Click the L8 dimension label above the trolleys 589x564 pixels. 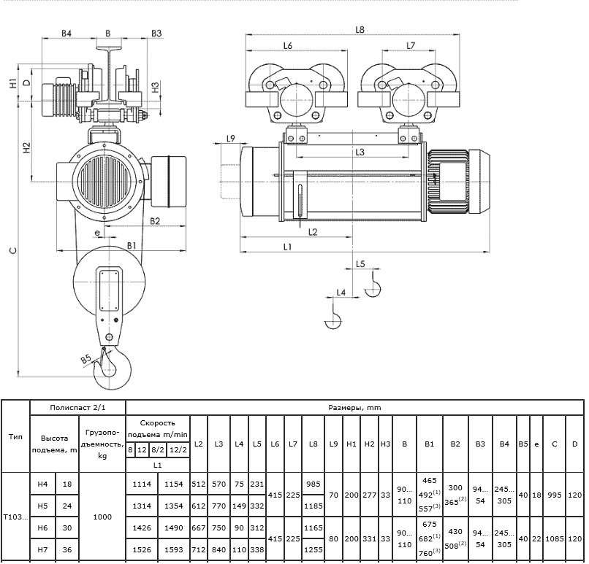click(360, 30)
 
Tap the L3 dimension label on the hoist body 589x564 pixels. click(360, 152)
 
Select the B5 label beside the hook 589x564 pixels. click(86, 359)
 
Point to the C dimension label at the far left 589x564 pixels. click(13, 250)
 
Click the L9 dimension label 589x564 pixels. click(231, 139)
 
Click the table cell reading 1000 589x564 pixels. click(102, 517)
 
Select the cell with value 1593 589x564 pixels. click(173, 549)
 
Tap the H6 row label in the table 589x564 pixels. click(43, 528)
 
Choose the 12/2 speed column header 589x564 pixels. click(178, 449)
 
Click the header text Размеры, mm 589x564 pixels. click(354, 408)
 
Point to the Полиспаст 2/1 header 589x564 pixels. click(77, 408)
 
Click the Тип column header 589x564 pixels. click(15, 436)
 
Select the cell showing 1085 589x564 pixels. click(555, 538)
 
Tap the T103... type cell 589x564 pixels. click(15, 517)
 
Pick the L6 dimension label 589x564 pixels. click(288, 45)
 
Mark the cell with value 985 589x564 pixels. click(313, 484)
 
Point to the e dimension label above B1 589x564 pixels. click(97, 233)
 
